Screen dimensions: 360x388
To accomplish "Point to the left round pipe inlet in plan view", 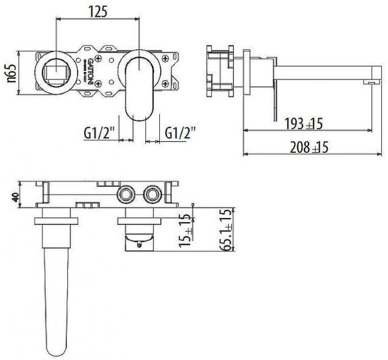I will tap(126, 195).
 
